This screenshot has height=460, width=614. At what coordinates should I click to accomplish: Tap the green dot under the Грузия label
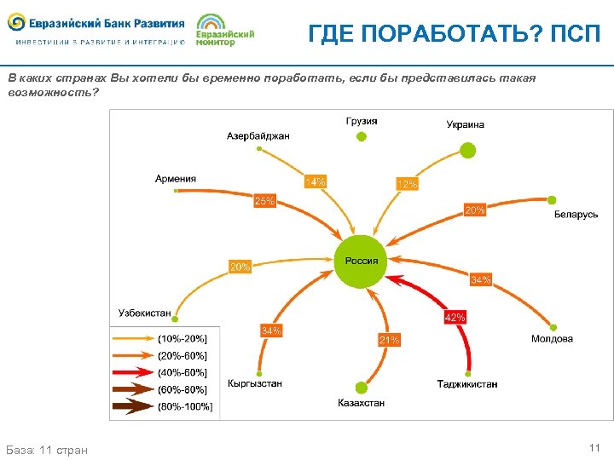click(362, 135)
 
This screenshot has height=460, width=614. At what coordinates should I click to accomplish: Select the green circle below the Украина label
click(467, 150)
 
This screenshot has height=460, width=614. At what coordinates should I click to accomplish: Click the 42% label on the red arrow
click(455, 317)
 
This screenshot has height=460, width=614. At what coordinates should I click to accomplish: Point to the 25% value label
click(264, 201)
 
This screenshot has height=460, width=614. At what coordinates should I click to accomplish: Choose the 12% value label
click(407, 184)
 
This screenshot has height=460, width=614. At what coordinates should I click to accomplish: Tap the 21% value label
click(389, 340)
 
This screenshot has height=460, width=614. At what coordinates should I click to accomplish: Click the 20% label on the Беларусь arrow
click(474, 210)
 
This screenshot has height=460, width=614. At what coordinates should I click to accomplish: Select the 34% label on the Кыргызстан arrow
click(271, 330)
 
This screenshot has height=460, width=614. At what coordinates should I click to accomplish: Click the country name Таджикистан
click(467, 384)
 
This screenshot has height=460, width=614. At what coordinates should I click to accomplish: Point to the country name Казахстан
click(361, 402)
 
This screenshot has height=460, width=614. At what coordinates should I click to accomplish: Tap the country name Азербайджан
click(258, 135)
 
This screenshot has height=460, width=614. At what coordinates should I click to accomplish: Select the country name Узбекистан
click(144, 313)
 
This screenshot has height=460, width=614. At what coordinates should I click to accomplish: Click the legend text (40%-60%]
click(182, 372)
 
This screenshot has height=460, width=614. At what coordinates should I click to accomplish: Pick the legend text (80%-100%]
click(185, 406)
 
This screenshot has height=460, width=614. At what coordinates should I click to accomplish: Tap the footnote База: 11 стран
click(47, 449)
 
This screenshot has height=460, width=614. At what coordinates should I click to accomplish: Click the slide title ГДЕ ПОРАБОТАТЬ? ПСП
click(454, 33)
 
